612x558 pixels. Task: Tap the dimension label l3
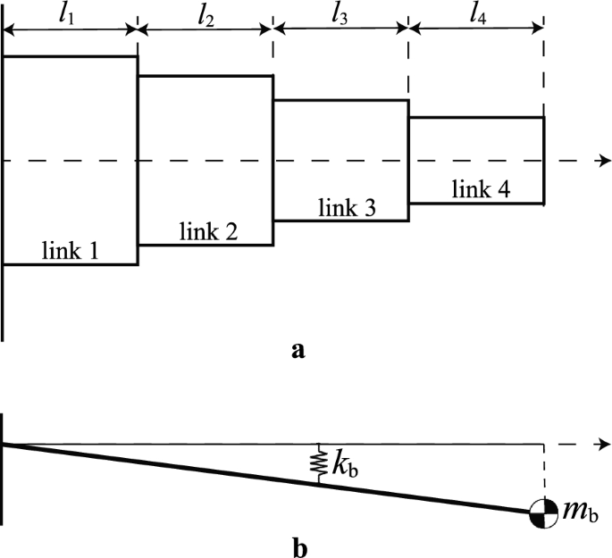pyautogui.click(x=340, y=15)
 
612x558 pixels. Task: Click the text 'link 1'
pyautogui.click(x=71, y=252)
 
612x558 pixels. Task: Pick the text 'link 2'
pyautogui.click(x=208, y=232)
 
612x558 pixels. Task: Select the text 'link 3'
pyautogui.click(x=347, y=209)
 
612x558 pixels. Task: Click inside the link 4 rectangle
pyautogui.click(x=477, y=143)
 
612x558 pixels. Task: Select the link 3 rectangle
pyautogui.click(x=340, y=143)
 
